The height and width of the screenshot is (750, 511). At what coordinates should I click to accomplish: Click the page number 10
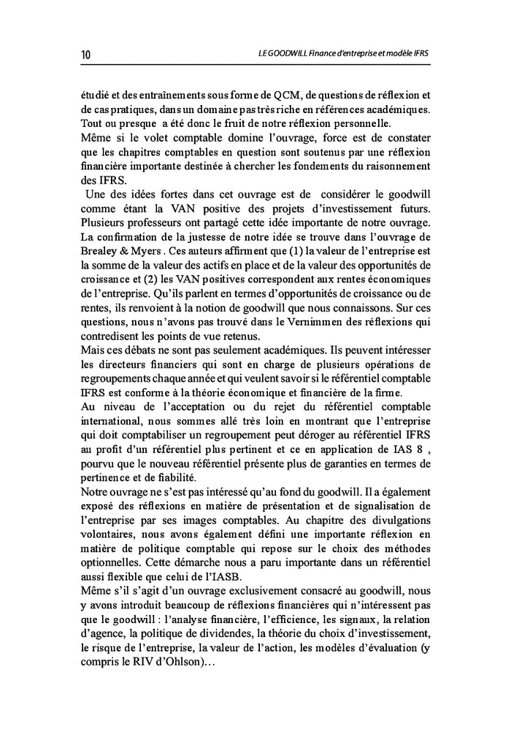coord(85,55)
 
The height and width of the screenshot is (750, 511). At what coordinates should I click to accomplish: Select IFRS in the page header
coord(419,55)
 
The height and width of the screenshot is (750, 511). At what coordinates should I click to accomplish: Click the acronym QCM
coord(296,95)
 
